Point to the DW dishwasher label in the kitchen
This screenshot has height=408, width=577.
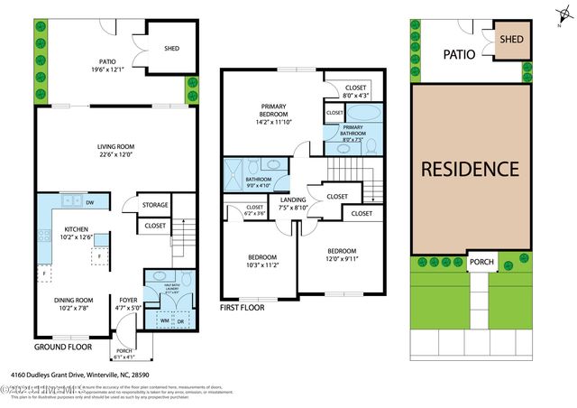(92, 202)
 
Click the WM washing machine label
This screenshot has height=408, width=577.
(165, 320)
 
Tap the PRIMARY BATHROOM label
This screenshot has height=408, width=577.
(353, 129)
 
